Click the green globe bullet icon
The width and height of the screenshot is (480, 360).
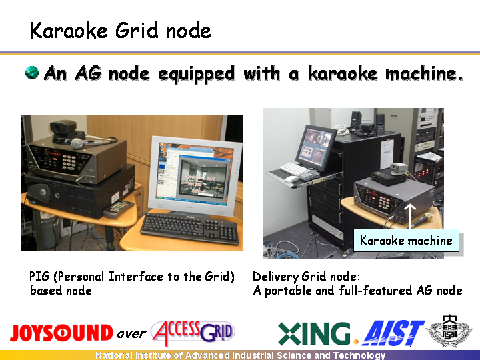click(32, 73)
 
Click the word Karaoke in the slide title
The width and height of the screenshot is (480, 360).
click(69, 31)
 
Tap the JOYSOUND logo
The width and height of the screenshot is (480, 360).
click(61, 333)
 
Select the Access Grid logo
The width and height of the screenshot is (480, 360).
click(193, 333)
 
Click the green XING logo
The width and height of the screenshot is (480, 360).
click(314, 334)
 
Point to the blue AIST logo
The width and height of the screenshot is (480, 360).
click(393, 333)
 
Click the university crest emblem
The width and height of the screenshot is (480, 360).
click(449, 331)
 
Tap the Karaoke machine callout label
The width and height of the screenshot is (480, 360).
click(406, 240)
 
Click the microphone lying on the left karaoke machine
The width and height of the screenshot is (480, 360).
click(92, 142)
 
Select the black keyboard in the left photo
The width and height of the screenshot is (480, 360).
click(190, 228)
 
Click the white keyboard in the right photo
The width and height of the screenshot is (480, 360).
click(294, 169)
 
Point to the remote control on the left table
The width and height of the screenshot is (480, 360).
click(119, 209)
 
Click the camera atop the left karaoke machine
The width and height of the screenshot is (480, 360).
click(65, 131)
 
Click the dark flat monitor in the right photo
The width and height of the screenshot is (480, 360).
click(315, 147)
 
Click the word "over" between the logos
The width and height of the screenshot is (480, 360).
click(131, 334)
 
